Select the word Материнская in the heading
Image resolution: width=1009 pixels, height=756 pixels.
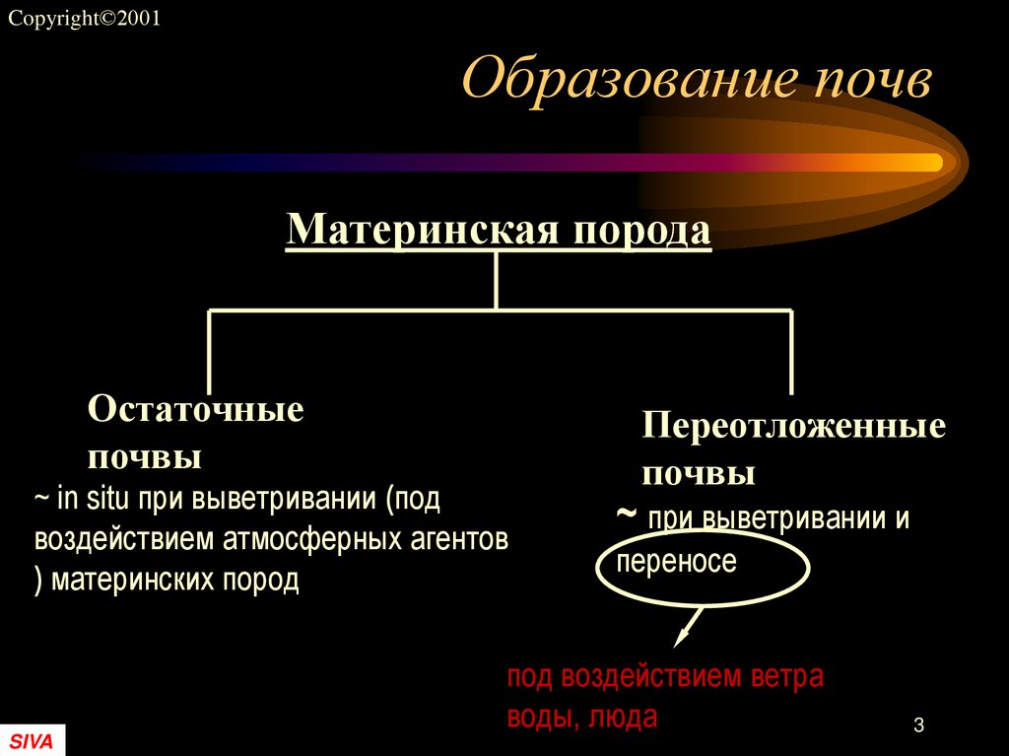[424, 230]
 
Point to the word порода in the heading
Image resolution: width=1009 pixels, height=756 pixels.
[642, 230]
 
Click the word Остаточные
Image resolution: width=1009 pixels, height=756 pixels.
[195, 409]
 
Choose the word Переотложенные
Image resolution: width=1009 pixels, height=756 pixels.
[793, 426]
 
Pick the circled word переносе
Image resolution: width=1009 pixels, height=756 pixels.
[676, 563]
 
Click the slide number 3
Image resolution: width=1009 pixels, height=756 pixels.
[918, 726]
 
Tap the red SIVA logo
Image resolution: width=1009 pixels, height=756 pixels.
[32, 741]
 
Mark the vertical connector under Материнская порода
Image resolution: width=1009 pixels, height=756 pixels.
[496, 281]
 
